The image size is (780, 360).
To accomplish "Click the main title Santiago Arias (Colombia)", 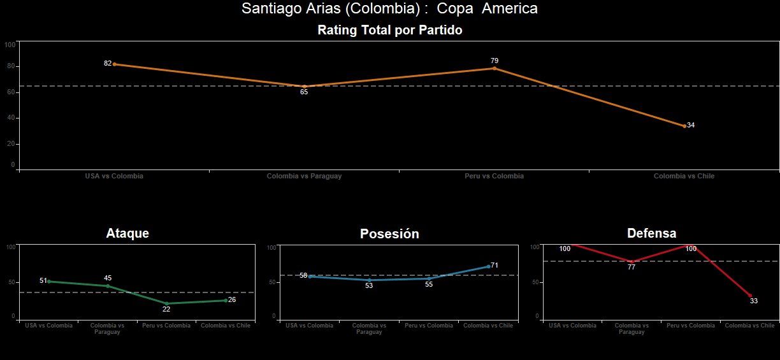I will click(389, 9).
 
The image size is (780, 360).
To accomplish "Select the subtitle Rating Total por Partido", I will click(389, 30).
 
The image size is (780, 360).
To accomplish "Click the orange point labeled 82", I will click(114, 64).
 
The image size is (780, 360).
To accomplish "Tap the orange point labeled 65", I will click(304, 87).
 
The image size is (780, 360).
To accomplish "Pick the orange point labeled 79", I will click(495, 68).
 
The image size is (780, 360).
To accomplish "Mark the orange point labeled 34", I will click(684, 126).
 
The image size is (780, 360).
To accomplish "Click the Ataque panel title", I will click(127, 233).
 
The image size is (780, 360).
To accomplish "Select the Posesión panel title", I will click(389, 234).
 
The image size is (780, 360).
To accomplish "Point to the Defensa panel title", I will click(651, 233).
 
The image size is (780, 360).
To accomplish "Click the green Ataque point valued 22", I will click(167, 304).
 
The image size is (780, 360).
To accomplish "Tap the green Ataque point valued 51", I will click(49, 281).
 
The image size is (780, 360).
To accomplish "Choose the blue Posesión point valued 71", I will click(489, 266).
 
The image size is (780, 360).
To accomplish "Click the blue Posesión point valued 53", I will click(369, 280).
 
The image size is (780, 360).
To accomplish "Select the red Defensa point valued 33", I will click(750, 296).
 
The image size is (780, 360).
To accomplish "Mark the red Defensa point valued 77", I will click(632, 262).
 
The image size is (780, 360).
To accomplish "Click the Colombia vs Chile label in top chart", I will click(684, 176).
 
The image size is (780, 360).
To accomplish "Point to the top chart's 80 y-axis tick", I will click(11, 66).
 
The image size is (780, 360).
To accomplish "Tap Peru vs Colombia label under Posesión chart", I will click(428, 326).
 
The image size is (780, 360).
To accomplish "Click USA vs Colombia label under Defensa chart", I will click(572, 326).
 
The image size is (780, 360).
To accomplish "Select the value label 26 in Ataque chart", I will click(232, 299).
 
